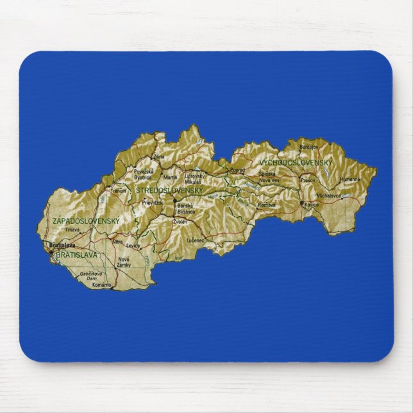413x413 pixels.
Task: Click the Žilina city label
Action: point(159,156)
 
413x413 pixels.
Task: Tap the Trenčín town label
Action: point(119,190)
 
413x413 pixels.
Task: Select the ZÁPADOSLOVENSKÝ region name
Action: point(86,221)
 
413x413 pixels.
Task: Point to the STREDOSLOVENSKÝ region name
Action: point(169,190)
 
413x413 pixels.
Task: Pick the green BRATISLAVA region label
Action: point(77,255)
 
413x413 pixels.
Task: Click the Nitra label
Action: point(117,242)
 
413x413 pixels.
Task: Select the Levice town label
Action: point(133,246)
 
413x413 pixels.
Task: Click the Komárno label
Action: point(102,284)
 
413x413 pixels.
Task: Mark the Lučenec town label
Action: point(195,240)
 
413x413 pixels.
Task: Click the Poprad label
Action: point(237,170)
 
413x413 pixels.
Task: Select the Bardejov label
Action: point(308,147)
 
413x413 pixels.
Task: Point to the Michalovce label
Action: point(328,194)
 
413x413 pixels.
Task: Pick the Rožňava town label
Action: point(266,205)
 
